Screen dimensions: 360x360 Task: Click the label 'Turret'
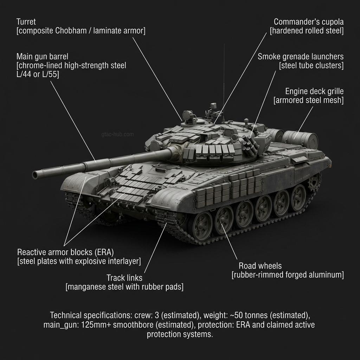(26, 22)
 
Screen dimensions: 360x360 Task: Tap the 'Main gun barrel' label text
(42, 56)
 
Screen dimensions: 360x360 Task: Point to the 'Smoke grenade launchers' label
(301, 56)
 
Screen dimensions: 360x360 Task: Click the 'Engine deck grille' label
(314, 91)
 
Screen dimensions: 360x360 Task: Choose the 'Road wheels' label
(260, 265)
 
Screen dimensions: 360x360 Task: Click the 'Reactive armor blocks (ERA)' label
(65, 252)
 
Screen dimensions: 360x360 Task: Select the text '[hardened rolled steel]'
(307, 31)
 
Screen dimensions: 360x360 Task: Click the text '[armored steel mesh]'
(308, 100)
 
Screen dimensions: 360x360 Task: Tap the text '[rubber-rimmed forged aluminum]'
(288, 275)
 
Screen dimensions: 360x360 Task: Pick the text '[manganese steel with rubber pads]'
(124, 287)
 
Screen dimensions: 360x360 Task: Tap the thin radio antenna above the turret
(224, 70)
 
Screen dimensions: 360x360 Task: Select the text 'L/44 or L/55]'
(38, 75)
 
